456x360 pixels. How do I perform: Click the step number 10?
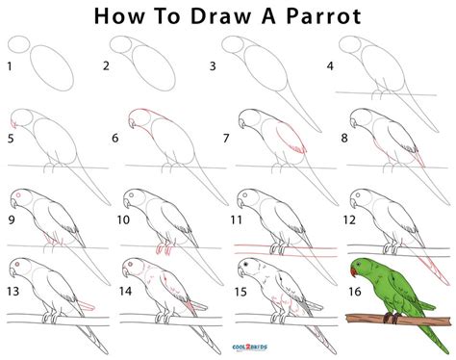point(123,219)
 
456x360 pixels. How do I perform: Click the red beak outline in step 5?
point(13,124)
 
